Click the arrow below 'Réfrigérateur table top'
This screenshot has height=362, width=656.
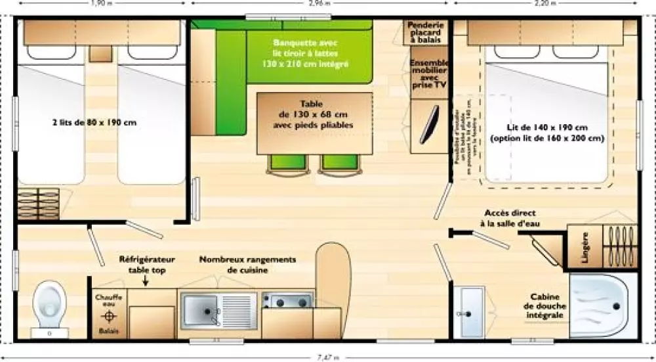[145, 281]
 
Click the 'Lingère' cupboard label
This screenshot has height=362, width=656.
[584, 248]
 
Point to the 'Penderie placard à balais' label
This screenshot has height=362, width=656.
[426, 33]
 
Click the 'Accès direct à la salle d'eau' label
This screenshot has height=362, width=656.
[508, 219]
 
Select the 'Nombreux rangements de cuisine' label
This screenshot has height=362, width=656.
[248, 265]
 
